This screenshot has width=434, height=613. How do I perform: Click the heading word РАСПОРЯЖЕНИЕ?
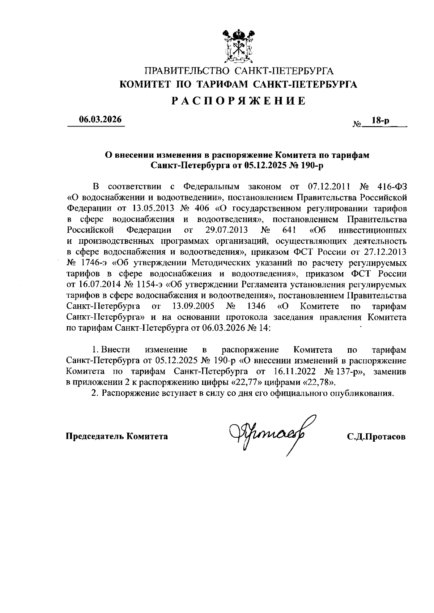238,101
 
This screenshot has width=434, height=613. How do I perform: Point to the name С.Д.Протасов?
376,437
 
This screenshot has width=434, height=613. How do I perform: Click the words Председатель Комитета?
116,437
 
